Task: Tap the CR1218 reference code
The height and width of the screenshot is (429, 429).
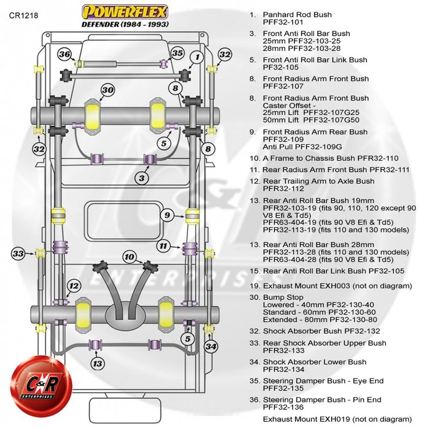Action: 24,16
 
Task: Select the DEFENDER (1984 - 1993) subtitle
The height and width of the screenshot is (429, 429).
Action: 125,24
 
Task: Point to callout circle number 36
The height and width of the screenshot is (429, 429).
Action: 64,55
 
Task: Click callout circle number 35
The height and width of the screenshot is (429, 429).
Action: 177,53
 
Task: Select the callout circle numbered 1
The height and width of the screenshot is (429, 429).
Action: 196,57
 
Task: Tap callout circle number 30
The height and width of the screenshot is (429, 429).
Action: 107,90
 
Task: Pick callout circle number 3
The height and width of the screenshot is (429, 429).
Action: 142,178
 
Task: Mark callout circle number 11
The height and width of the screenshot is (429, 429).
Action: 164,245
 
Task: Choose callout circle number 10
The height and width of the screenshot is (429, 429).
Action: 129,257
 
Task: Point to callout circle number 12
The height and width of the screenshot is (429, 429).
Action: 74,286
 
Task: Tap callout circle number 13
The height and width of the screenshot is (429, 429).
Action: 97,363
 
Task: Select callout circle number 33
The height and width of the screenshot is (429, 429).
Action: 18,254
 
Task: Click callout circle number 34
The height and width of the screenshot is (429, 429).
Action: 212,346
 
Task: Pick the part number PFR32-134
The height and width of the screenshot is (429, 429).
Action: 284,370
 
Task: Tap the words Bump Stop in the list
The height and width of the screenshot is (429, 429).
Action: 283,297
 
